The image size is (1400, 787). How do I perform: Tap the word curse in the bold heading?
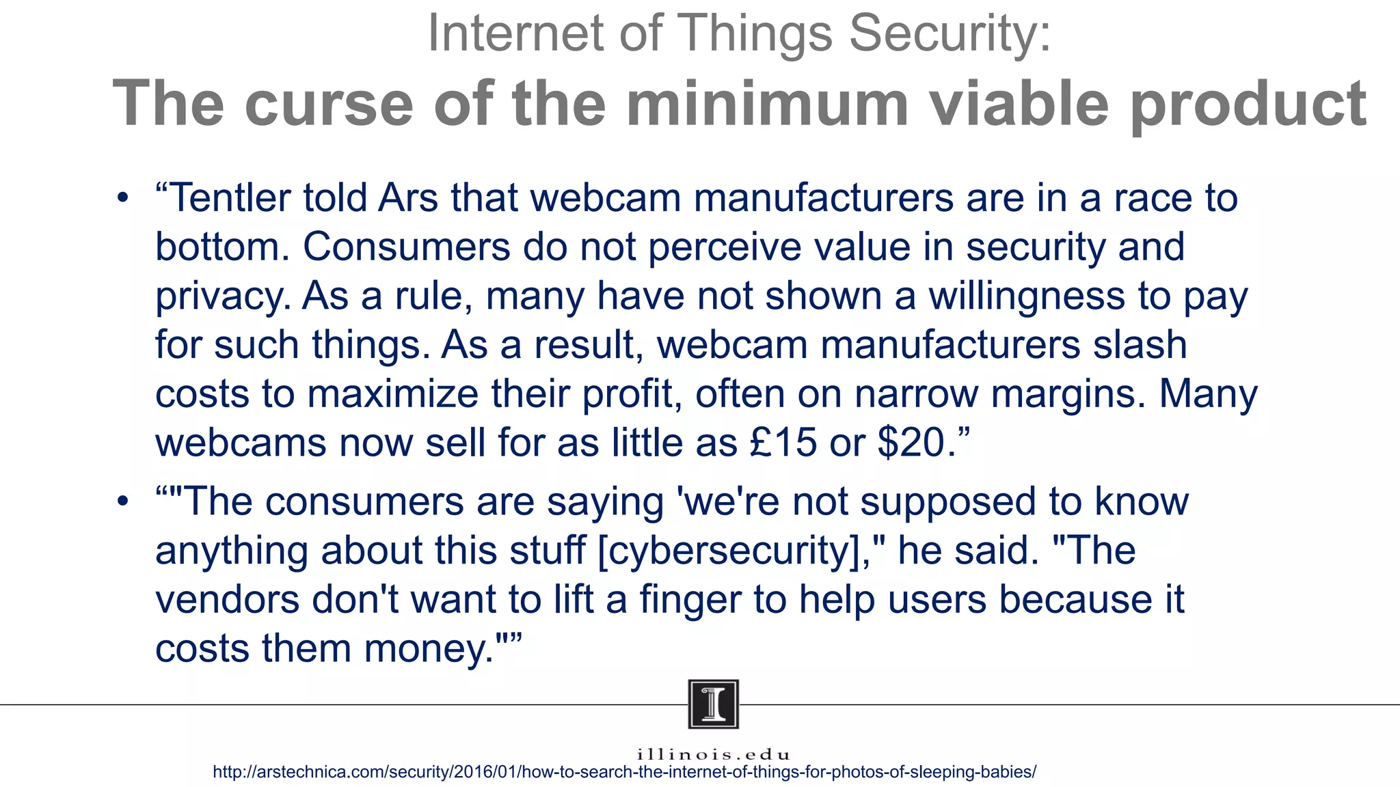coord(328,104)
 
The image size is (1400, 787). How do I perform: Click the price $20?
coord(911,443)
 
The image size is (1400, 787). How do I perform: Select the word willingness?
coord(1026,296)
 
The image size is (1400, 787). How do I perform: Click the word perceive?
coord(724,247)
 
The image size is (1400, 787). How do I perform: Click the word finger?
coord(690,600)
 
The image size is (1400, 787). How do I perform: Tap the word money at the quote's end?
coord(424,648)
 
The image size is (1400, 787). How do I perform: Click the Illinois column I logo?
coord(713,704)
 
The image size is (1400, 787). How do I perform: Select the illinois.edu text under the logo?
coord(713,755)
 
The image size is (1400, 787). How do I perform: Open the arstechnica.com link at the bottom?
coord(624,773)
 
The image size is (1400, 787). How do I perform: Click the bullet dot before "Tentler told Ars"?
coord(122,199)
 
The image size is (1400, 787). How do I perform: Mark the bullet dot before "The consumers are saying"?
coord(122,502)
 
